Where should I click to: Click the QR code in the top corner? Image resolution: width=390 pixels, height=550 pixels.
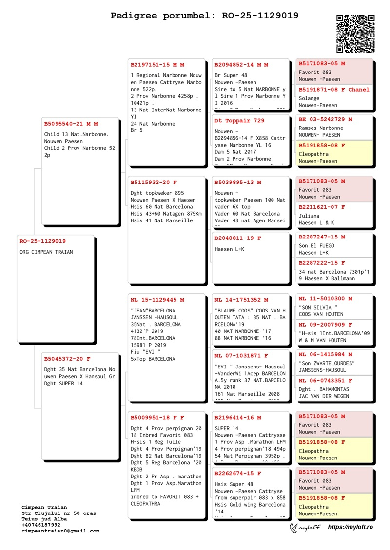355,33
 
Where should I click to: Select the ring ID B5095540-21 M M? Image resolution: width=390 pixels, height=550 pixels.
71,124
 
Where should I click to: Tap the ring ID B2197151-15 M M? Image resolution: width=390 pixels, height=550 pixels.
157,65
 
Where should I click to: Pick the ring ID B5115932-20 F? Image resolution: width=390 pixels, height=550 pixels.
154,183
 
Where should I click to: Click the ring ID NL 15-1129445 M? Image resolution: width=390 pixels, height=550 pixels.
157,300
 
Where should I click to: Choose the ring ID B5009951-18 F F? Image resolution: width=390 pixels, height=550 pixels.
157,418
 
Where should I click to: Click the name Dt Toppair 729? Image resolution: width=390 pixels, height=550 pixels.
239,121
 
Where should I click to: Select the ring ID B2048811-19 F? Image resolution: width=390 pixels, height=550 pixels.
238,238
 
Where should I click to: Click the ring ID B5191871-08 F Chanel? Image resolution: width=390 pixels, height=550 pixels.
334,90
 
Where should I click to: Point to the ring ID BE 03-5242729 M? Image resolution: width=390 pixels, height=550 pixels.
325,119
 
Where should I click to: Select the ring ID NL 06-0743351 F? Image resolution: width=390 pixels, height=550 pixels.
325,381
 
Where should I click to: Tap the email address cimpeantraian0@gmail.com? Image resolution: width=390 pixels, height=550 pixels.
60,531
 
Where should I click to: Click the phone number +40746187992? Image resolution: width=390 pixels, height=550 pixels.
41,525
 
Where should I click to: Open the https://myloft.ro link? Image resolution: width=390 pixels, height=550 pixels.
350,527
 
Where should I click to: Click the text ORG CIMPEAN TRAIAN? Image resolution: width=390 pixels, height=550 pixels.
46,252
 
